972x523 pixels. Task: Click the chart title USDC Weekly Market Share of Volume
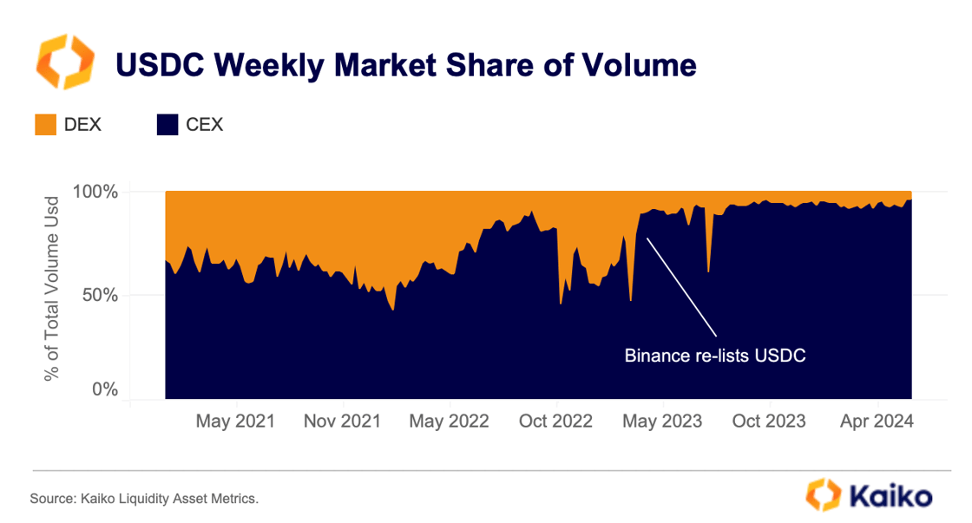click(x=406, y=65)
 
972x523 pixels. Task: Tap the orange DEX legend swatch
click(x=45, y=125)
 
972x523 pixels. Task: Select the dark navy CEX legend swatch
click(x=167, y=125)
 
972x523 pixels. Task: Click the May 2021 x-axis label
click(x=235, y=422)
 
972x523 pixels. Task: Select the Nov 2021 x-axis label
click(x=343, y=422)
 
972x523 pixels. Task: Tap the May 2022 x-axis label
click(x=450, y=422)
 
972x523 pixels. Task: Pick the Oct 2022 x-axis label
click(x=556, y=422)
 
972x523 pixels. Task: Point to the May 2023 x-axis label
click(x=663, y=422)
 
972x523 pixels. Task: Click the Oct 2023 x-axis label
click(x=770, y=422)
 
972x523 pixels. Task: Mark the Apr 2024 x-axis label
click(x=877, y=422)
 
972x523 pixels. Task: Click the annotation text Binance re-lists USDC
click(x=716, y=356)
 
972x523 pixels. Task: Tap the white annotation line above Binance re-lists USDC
click(x=682, y=287)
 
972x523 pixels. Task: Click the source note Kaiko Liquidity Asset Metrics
click(x=144, y=499)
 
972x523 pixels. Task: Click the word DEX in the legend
click(x=82, y=125)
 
